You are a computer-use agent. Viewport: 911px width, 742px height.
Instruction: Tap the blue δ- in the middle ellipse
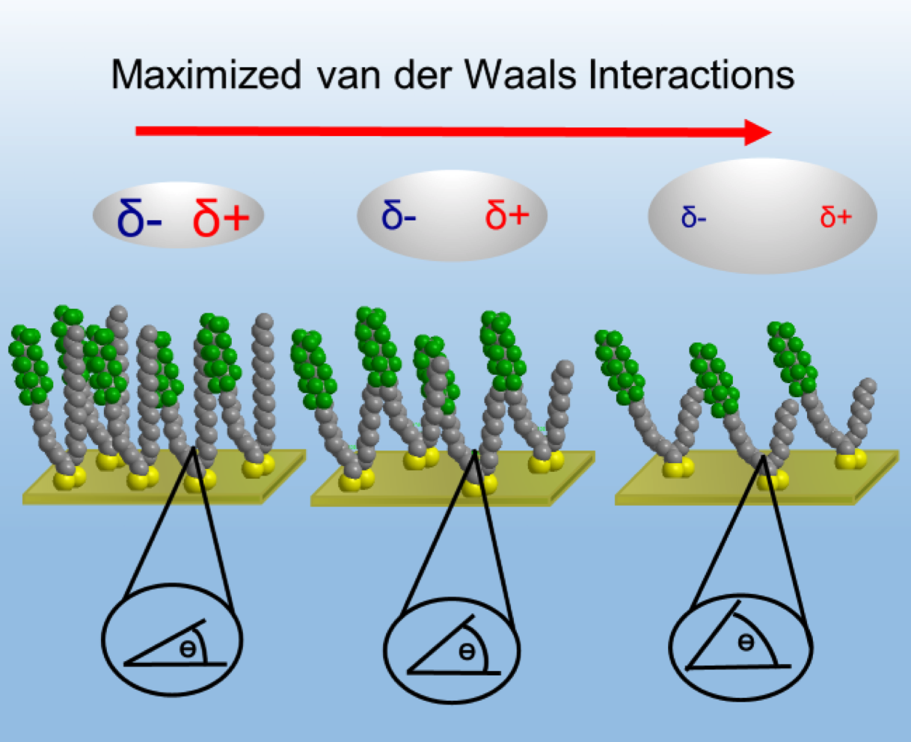tap(399, 215)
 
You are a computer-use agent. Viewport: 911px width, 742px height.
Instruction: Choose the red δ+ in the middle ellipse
tap(506, 215)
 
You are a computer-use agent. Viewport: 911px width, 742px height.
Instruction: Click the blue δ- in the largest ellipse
tap(693, 218)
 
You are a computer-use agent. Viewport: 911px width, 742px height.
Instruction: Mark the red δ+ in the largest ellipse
tap(835, 218)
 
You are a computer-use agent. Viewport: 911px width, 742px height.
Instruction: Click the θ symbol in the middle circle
tap(467, 652)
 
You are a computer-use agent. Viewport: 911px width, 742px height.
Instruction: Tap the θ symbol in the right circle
tap(746, 643)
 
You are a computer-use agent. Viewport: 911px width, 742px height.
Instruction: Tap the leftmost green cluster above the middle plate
tap(313, 369)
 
